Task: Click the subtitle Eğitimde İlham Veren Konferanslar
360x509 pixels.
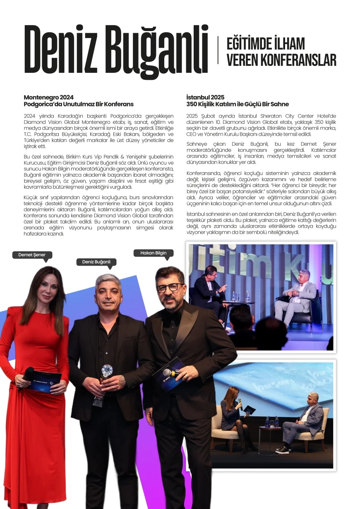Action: pyautogui.click(x=281, y=52)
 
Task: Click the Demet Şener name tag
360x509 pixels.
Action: pyautogui.click(x=32, y=255)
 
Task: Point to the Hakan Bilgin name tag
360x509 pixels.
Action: pyautogui.click(x=153, y=253)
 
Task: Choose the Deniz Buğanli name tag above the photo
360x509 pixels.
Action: pyautogui.click(x=96, y=262)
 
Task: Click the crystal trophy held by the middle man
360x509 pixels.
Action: pyautogui.click(x=107, y=370)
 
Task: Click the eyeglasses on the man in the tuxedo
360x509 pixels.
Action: pyautogui.click(x=170, y=287)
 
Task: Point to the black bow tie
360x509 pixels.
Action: pyautogui.click(x=171, y=317)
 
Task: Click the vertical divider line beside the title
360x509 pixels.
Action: pyautogui.click(x=218, y=50)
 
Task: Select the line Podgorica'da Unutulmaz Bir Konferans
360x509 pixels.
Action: pyautogui.click(x=79, y=104)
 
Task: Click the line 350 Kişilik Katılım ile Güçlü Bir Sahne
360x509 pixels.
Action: pyautogui.click(x=238, y=104)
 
